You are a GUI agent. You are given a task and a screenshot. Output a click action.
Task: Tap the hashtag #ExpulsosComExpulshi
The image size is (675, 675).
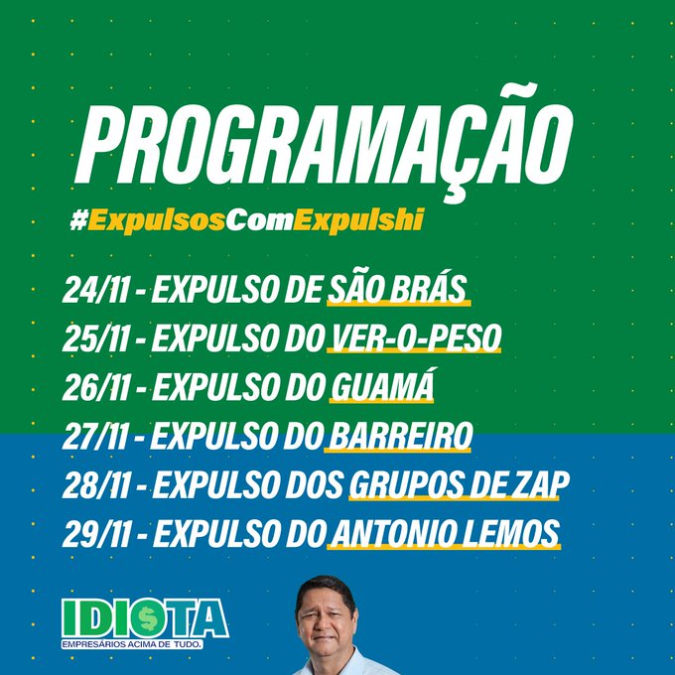pos(245,220)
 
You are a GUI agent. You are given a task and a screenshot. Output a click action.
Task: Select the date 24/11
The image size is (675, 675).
pos(91,291)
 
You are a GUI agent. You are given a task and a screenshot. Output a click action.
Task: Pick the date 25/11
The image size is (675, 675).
pos(91,338)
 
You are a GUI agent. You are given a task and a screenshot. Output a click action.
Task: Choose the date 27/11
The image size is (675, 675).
pos(91,436)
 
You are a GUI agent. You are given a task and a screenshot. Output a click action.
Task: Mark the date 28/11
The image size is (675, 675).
pos(92,485)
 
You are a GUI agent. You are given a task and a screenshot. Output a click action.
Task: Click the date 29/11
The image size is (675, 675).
pos(92,534)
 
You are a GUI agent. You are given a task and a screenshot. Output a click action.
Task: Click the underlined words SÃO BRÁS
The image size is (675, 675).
pos(397,290)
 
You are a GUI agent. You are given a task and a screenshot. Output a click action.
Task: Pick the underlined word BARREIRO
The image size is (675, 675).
pos(399,436)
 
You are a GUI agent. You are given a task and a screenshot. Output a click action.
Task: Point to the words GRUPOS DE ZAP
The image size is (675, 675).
pos(458,485)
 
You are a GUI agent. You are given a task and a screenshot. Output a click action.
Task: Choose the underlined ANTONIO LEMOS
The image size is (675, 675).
pos(444,534)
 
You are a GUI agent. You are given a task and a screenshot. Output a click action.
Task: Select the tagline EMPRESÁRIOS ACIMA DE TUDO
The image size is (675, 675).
pos(133,645)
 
